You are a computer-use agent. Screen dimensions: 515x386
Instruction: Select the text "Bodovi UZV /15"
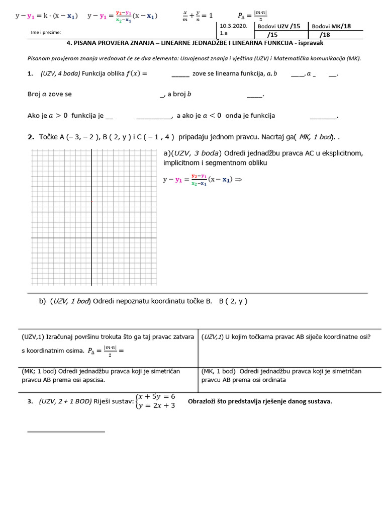279,26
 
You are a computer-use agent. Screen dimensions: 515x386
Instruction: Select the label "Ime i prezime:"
46,33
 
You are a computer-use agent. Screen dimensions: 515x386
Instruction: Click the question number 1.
30,74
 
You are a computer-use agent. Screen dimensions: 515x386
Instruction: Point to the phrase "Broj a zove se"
49,94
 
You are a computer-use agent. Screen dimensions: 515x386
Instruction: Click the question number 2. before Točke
31,137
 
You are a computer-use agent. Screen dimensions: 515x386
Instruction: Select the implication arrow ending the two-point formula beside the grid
238,180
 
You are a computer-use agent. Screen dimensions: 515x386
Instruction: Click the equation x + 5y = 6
157,397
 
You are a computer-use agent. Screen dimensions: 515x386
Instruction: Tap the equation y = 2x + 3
157,405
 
